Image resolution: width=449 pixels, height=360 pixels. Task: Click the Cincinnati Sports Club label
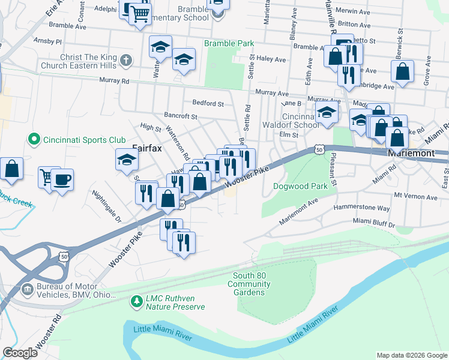(84, 140)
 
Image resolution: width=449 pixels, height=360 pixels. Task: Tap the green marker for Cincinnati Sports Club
(34, 140)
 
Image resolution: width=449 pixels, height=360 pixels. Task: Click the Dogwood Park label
(300, 187)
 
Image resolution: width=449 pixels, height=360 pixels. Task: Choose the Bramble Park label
(229, 44)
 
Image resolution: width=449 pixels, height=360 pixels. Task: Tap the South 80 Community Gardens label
(249, 284)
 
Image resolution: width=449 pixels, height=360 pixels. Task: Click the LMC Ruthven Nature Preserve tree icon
(137, 299)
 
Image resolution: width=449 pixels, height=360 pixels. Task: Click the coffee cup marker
(61, 178)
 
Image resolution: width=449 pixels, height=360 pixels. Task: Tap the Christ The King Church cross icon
(125, 61)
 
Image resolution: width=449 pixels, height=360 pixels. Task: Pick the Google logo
(20, 353)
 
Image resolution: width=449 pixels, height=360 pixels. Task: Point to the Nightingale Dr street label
(107, 206)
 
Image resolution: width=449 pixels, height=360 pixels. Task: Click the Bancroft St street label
(181, 115)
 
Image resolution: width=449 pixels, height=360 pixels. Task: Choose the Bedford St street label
(208, 103)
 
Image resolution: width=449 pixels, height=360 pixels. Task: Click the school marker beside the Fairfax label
(127, 159)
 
